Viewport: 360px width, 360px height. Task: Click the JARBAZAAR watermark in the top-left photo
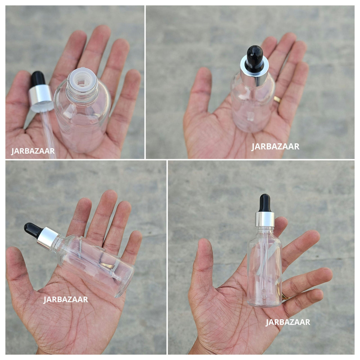tap(33, 151)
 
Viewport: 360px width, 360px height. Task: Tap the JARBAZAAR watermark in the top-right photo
tap(275, 147)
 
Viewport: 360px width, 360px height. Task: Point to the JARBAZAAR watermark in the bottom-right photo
tap(288, 322)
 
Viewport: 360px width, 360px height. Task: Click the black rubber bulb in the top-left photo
tap(38, 79)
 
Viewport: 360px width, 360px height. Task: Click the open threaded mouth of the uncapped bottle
tap(82, 80)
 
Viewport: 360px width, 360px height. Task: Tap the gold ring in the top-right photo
tap(277, 99)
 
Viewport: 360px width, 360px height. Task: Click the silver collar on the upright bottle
tap(265, 219)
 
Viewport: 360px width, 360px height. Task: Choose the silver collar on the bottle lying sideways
tap(48, 238)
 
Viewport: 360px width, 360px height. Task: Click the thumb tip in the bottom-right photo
tap(205, 244)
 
